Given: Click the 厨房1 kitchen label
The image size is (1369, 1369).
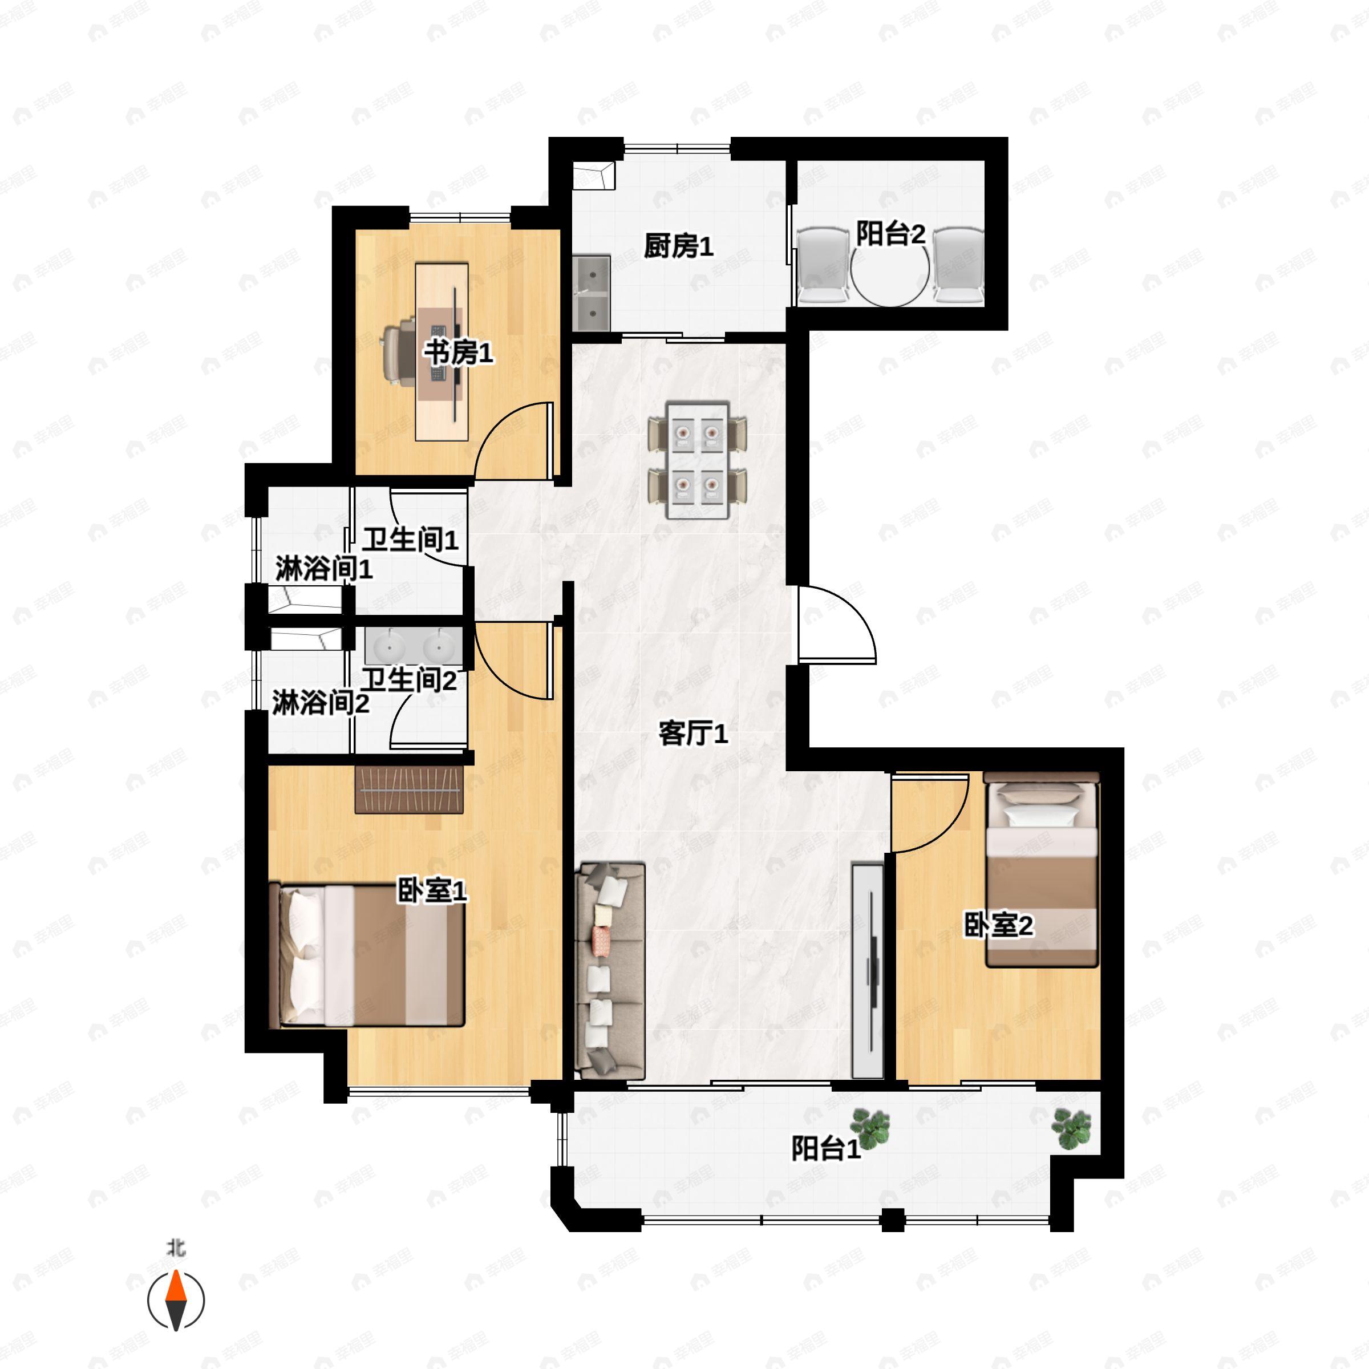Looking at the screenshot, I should tap(678, 246).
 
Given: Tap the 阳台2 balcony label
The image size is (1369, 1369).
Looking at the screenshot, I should tap(890, 234).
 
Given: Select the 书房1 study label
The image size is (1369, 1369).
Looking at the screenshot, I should tap(459, 352).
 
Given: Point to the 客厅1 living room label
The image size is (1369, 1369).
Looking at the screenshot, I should tap(693, 734).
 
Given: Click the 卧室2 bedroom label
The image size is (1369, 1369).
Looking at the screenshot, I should tap(998, 925).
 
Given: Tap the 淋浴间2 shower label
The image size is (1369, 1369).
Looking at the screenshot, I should tap(320, 704).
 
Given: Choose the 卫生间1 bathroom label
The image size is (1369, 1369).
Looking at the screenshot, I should tap(410, 540).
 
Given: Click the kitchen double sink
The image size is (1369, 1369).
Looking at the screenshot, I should tap(591, 293).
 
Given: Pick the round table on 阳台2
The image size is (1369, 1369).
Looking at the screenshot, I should tap(890, 273).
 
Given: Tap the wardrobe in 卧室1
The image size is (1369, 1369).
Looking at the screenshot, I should tap(409, 789).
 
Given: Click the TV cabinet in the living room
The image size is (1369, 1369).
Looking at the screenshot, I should tap(867, 971).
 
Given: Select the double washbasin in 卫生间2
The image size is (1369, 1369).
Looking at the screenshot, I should tap(413, 646).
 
